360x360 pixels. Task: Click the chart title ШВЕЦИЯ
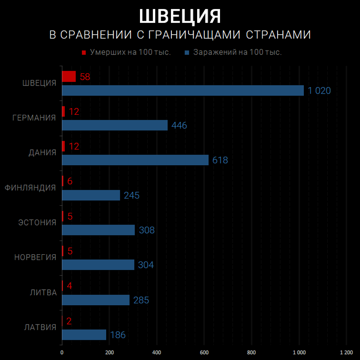pyautogui.click(x=180, y=16)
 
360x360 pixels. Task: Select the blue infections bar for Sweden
pyautogui.click(x=183, y=90)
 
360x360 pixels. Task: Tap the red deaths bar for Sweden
pyautogui.click(x=68, y=76)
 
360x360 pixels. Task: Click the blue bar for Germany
pyautogui.click(x=115, y=125)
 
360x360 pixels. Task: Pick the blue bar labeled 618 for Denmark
pyautogui.click(x=135, y=160)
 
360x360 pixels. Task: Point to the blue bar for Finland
pyautogui.click(x=91, y=195)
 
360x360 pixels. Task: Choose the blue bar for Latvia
pyautogui.click(x=84, y=335)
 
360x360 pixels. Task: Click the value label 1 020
pyautogui.click(x=319, y=91)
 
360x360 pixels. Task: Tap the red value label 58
pyautogui.click(x=85, y=77)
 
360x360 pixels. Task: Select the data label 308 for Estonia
pyautogui.click(x=146, y=230)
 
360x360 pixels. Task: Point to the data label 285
pyautogui.click(x=140, y=300)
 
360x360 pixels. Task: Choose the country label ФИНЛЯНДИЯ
pyautogui.click(x=31, y=188)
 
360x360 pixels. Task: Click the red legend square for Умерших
pyautogui.click(x=84, y=53)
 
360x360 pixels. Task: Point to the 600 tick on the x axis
pyautogui.click(x=204, y=352)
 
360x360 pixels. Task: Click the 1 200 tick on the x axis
pyautogui.click(x=346, y=352)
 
